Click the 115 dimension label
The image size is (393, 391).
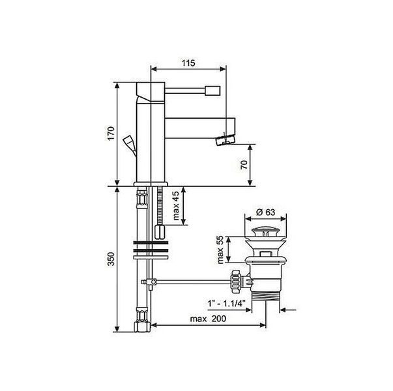(x=188, y=63)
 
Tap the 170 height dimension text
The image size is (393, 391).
(x=111, y=134)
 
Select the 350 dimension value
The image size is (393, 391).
(x=111, y=259)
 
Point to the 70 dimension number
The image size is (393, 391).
(x=244, y=165)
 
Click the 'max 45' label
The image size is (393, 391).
(x=177, y=205)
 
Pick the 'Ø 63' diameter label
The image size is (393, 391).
(x=266, y=212)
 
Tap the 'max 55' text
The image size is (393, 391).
(x=220, y=250)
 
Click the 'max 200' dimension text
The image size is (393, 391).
(x=208, y=319)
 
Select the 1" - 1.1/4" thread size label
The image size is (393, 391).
(x=226, y=304)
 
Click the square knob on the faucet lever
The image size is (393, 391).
(x=212, y=91)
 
